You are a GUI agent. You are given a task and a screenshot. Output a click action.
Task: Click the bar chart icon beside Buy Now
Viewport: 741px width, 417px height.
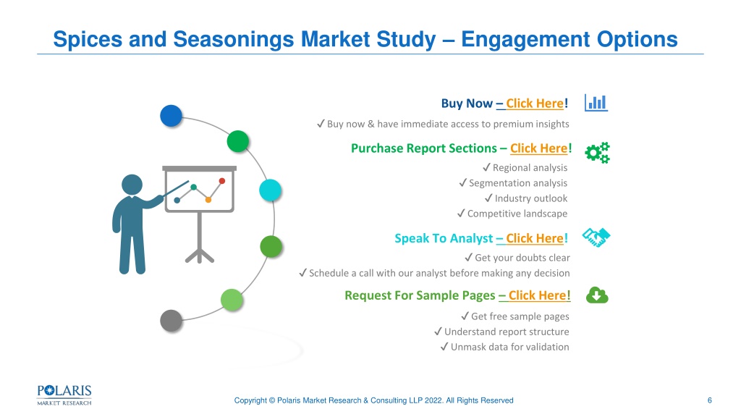pyautogui.click(x=596, y=103)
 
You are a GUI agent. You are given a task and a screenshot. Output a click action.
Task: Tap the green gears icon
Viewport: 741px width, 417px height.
pyautogui.click(x=597, y=153)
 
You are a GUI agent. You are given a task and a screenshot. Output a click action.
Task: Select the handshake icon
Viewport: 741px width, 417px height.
pyautogui.click(x=596, y=237)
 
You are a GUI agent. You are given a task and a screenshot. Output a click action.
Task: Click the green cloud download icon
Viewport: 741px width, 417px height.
pyautogui.click(x=597, y=295)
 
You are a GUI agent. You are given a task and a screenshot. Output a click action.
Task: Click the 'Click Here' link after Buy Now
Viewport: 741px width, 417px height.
pyautogui.click(x=535, y=104)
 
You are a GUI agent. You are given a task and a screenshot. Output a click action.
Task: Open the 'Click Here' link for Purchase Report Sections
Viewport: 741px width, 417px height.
pyautogui.click(x=538, y=148)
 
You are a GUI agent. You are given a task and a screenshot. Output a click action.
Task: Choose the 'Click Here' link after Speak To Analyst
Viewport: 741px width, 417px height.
pyautogui.click(x=535, y=238)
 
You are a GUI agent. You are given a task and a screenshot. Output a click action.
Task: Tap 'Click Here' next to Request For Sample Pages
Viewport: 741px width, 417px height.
pyautogui.click(x=538, y=295)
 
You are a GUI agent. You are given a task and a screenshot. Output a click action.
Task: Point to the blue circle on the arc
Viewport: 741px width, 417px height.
pyautogui.click(x=171, y=116)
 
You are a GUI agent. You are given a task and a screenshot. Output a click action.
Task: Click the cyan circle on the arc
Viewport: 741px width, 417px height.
pyautogui.click(x=271, y=190)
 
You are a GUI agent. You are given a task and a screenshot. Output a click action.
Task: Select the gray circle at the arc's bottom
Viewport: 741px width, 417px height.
pyautogui.click(x=171, y=321)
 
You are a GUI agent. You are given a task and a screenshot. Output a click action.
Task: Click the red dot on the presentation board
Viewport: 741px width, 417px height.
pyautogui.click(x=222, y=180)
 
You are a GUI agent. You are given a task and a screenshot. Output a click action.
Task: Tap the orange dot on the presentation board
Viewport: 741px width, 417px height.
pyautogui.click(x=208, y=200)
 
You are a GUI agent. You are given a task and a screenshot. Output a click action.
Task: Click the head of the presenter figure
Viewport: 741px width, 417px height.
pyautogui.click(x=132, y=185)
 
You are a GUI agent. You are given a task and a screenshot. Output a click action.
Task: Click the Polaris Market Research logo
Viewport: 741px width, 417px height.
pyautogui.click(x=64, y=395)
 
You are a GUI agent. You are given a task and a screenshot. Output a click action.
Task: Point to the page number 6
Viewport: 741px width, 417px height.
pyautogui.click(x=709, y=400)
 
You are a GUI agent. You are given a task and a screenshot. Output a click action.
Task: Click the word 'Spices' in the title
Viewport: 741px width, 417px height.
pyautogui.click(x=88, y=40)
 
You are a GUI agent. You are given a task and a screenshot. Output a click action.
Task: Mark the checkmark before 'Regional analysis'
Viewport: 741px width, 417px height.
pyautogui.click(x=487, y=167)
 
